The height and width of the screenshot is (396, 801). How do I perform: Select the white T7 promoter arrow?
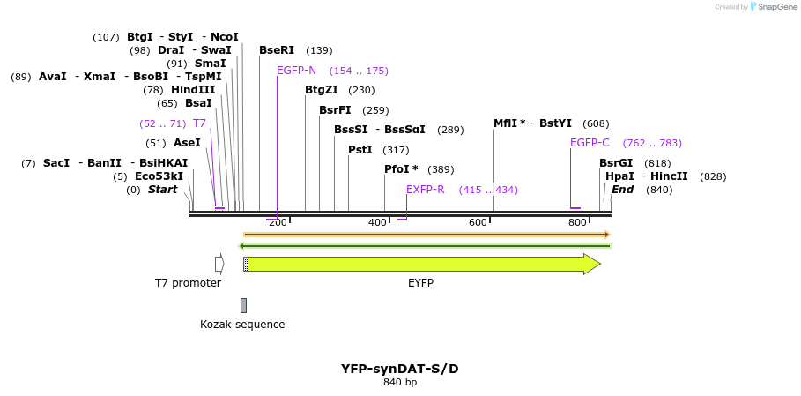point(219,264)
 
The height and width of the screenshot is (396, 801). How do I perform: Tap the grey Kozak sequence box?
point(243,305)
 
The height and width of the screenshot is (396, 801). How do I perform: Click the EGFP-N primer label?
point(296,71)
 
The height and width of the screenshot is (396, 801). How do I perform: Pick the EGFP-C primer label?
point(590,143)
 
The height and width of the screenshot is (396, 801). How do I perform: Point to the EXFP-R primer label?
point(425,190)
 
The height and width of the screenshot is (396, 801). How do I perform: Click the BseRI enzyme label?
point(277,50)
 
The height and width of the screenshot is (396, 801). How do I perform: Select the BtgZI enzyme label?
point(322,90)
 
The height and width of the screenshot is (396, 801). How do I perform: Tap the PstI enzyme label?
point(360,150)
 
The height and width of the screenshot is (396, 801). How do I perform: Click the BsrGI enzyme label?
point(616,163)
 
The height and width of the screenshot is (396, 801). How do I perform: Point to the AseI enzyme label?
point(187,143)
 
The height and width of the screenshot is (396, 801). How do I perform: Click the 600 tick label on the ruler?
point(478,222)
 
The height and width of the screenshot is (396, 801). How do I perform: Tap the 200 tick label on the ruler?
point(278,222)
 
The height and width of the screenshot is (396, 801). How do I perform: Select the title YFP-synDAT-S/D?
point(399,369)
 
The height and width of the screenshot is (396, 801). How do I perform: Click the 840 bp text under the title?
point(399,383)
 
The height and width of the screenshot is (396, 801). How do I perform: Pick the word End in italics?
point(622,190)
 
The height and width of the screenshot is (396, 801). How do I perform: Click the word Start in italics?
point(162,190)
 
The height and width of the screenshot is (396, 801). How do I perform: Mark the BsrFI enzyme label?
point(335,110)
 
